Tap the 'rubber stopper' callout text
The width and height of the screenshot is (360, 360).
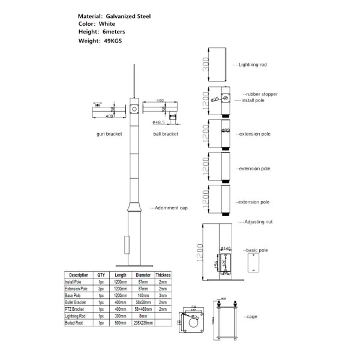pyautogui.click(x=260, y=95)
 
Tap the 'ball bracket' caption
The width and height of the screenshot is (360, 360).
pyautogui.click(x=164, y=134)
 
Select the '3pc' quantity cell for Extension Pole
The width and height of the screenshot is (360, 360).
pyautogui.click(x=101, y=289)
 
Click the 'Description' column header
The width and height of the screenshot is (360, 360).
pyautogui.click(x=78, y=275)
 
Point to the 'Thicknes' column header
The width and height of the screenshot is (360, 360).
pyautogui.click(x=163, y=275)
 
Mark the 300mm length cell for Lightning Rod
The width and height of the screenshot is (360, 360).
pyautogui.click(x=121, y=316)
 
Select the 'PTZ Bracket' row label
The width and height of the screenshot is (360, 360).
pyautogui.click(x=76, y=310)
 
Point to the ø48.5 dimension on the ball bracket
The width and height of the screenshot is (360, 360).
pyautogui.click(x=159, y=122)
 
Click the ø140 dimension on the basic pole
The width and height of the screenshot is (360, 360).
pyautogui.click(x=226, y=248)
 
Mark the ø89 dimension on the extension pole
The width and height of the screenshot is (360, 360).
pyautogui.click(x=226, y=130)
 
